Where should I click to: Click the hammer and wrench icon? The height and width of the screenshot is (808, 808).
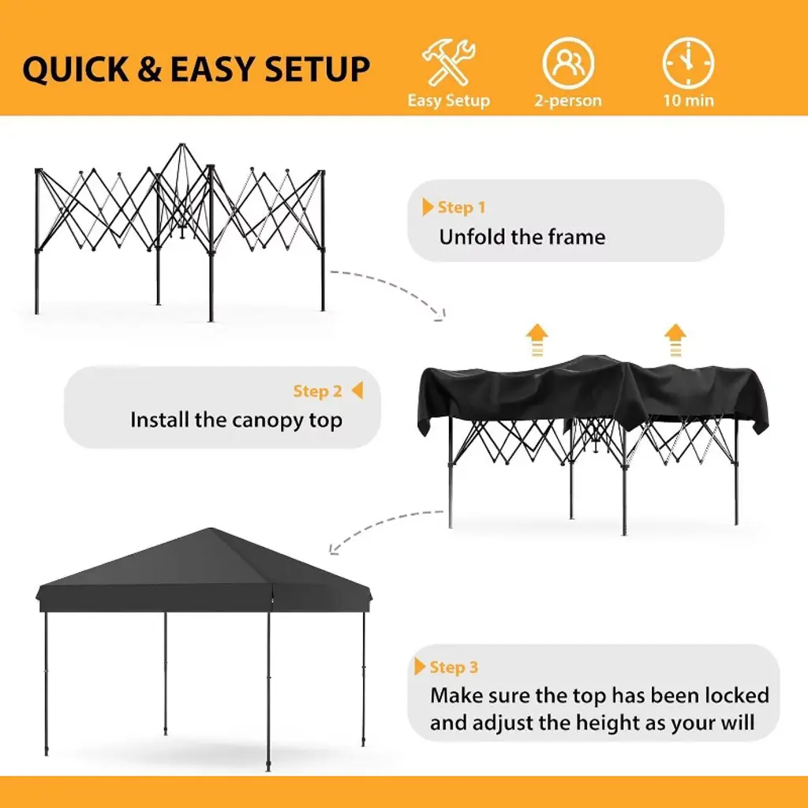[x=449, y=62]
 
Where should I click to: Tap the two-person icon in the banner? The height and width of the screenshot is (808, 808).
[x=568, y=63]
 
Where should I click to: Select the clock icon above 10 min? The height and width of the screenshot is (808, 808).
[x=688, y=63]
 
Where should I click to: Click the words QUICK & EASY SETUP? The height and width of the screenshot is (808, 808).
[x=196, y=69]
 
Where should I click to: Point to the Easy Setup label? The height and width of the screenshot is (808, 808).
[x=449, y=100]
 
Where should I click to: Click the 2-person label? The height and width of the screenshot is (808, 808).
[x=568, y=100]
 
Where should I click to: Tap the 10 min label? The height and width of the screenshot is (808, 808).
[x=688, y=100]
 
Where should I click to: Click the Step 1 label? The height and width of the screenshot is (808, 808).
[x=461, y=208]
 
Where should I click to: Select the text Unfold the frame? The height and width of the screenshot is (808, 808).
[x=522, y=237]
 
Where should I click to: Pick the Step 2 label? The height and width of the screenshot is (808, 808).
[x=317, y=391]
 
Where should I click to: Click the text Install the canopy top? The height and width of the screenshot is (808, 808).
[x=236, y=421]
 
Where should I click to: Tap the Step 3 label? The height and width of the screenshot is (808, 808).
[x=454, y=668]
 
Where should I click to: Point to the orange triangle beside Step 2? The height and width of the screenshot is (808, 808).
[x=357, y=390]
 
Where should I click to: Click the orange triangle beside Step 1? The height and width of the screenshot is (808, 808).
[x=428, y=207]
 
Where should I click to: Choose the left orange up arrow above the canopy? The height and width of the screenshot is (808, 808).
[x=537, y=340]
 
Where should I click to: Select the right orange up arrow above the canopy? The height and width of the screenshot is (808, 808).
[x=675, y=340]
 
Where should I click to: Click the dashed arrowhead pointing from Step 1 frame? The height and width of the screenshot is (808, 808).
[x=441, y=314]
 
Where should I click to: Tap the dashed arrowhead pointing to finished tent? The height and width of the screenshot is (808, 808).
[x=334, y=549]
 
